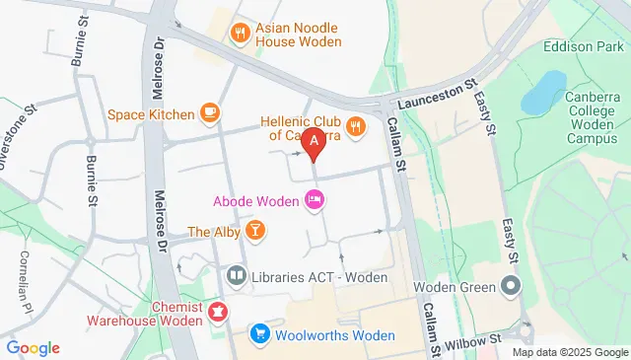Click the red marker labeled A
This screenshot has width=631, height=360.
click(315, 144)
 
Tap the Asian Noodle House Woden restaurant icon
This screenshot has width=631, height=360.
click(239, 35)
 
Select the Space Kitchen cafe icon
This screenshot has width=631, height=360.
click(208, 113)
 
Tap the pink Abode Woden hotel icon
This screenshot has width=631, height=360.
click(315, 201)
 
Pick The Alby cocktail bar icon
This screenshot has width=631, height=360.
click(255, 232)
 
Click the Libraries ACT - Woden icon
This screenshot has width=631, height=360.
click(237, 276)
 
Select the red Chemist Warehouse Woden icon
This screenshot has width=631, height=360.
click(217, 314)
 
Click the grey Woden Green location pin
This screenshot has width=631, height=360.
click(511, 287)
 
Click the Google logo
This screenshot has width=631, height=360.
click(33, 348)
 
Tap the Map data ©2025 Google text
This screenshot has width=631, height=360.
click(570, 352)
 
